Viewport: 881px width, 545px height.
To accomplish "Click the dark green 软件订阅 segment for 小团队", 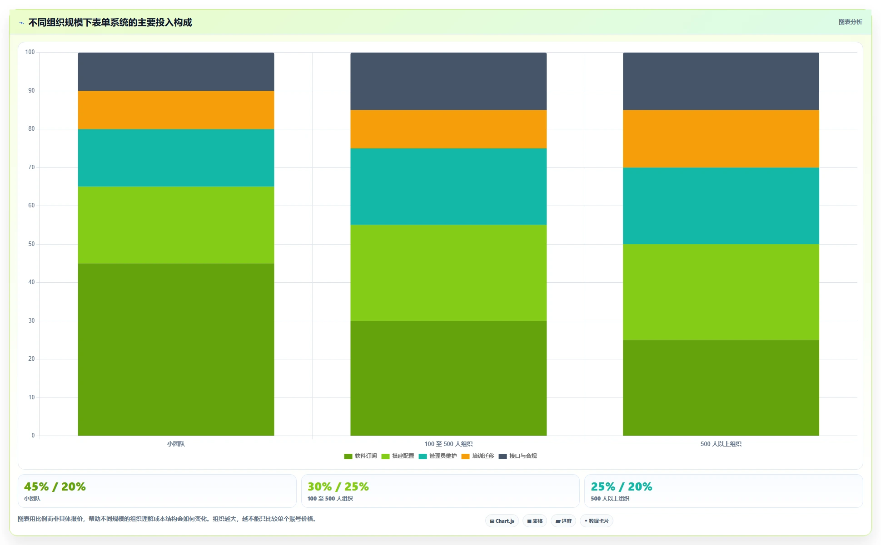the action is [x=176, y=349].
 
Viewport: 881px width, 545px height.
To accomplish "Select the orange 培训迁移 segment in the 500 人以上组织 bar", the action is [x=721, y=139].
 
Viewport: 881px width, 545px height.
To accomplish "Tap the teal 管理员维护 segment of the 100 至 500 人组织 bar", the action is [x=448, y=187].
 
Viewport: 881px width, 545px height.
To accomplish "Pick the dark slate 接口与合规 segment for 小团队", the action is [x=176, y=72].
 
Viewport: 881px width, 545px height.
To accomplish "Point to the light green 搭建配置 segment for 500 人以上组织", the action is [x=721, y=292].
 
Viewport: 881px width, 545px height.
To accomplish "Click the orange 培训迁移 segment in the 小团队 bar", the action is [x=176, y=110].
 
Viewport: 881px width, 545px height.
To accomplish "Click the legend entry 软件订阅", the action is [x=360, y=456].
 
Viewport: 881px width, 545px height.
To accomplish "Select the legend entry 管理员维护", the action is [x=438, y=456].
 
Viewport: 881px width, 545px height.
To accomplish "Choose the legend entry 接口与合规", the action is [x=518, y=456].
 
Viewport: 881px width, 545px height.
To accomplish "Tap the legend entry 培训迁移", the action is [x=478, y=456].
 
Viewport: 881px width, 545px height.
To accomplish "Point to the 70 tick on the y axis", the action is [x=31, y=167].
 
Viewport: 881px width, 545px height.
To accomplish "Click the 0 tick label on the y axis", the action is [x=33, y=436].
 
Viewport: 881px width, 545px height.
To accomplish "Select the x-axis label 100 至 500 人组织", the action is [x=448, y=444].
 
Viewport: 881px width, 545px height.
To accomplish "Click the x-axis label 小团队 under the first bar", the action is [x=176, y=444].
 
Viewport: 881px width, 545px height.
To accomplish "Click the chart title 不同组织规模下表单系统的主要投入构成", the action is [x=110, y=22].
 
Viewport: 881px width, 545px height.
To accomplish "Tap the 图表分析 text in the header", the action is [x=850, y=22].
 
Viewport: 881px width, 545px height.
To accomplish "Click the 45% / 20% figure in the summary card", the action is [x=55, y=486].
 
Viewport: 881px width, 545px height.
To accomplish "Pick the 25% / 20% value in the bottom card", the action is [x=622, y=486].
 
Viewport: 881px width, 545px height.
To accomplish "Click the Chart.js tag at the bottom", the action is [x=502, y=521].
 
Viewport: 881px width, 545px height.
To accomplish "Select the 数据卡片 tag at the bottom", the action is [x=597, y=521].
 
